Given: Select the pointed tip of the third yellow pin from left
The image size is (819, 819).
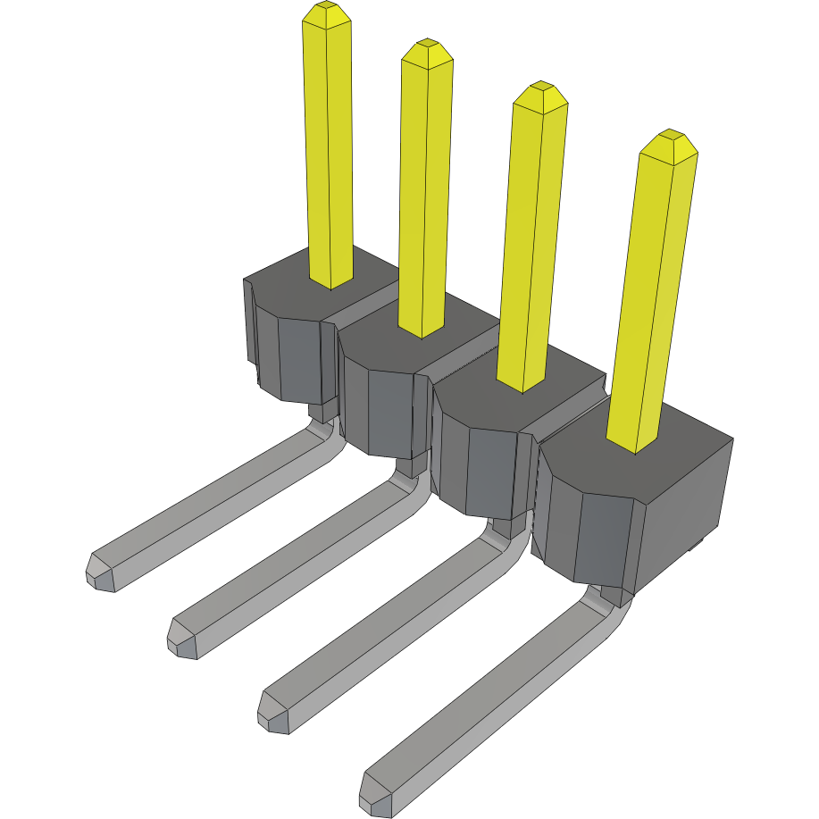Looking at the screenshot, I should (540, 90).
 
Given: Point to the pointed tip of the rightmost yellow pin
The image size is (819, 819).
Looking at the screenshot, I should (669, 139).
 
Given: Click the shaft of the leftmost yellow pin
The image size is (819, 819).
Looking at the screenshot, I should (329, 152).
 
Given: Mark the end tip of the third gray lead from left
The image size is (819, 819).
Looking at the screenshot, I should (272, 713).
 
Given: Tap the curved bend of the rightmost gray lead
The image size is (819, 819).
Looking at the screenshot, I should (607, 607).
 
